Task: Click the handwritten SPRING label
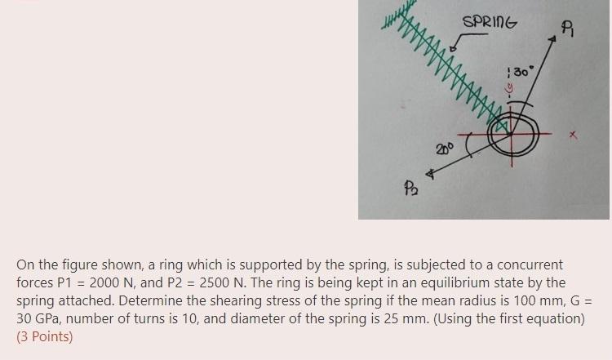coord(490,22)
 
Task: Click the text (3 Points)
coord(44,336)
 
